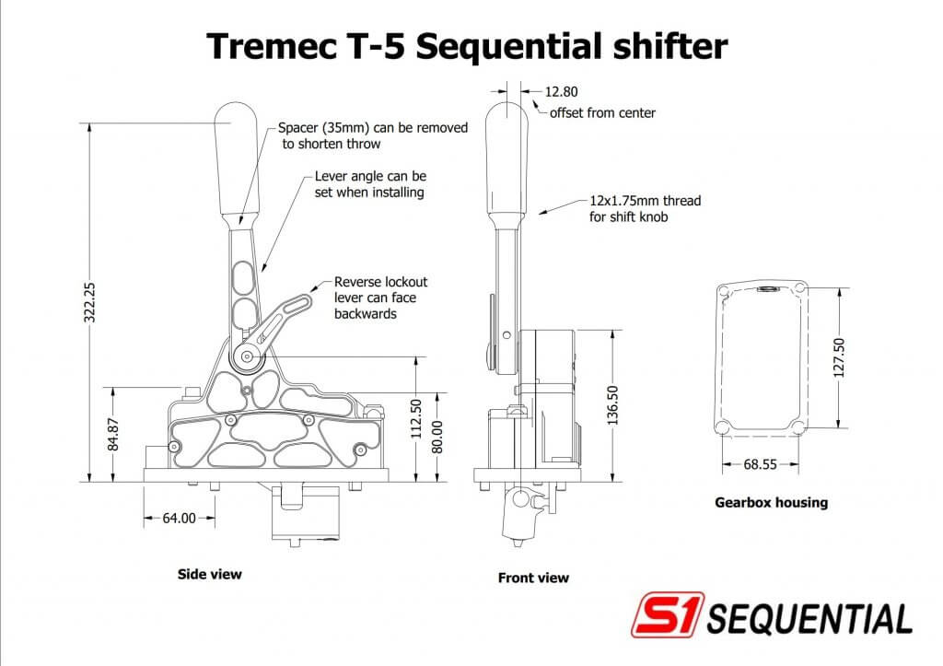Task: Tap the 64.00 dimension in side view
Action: pyautogui.click(x=179, y=519)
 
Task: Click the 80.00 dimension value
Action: pyautogui.click(x=437, y=438)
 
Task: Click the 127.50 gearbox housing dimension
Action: pyautogui.click(x=838, y=356)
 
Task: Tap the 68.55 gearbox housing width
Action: pyautogui.click(x=759, y=465)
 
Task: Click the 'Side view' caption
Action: pyautogui.click(x=209, y=574)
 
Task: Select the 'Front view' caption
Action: pyautogui.click(x=533, y=578)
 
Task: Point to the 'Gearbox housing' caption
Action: pyautogui.click(x=771, y=503)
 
